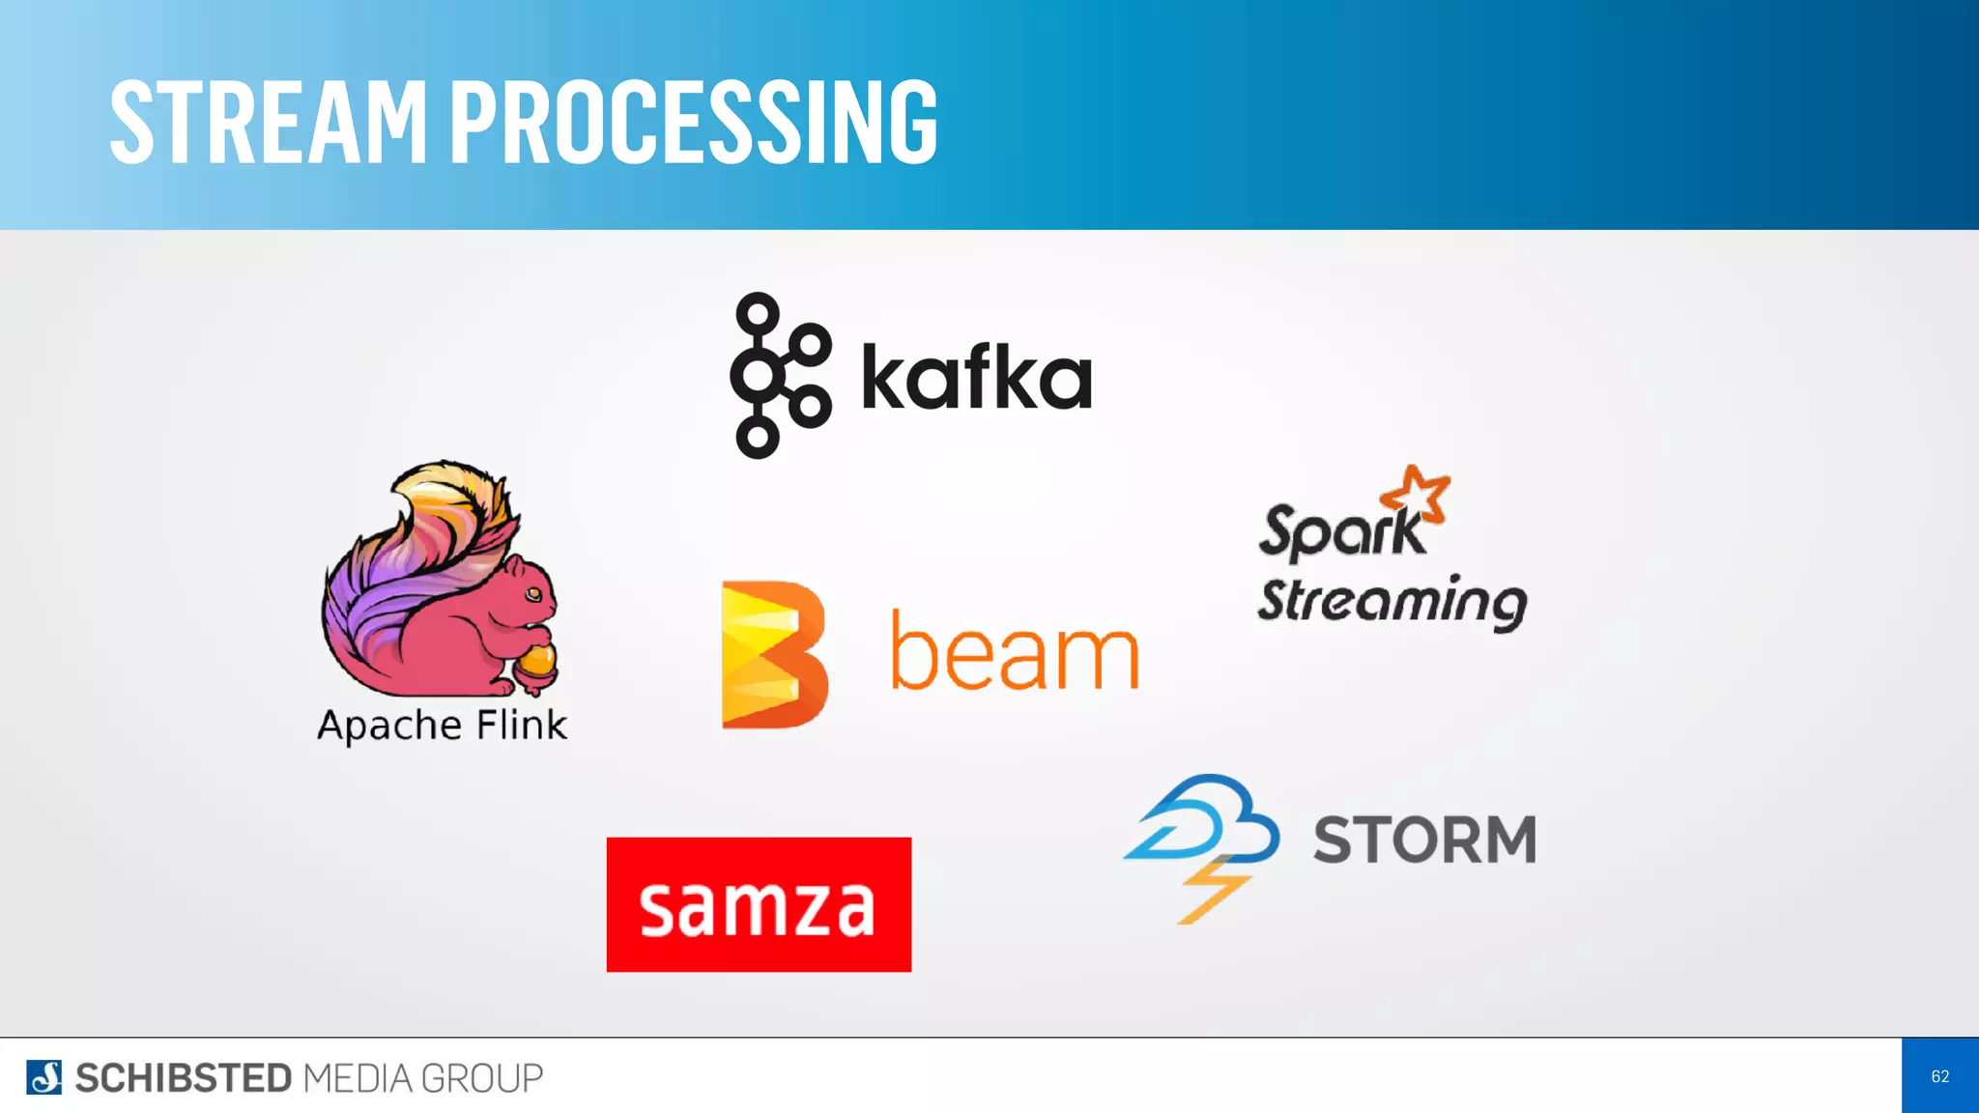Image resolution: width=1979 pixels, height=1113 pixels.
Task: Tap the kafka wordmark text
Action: [x=976, y=377]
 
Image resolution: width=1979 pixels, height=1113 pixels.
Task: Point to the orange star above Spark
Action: [x=1417, y=494]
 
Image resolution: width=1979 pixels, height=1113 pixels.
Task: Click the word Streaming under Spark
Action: [x=1391, y=601]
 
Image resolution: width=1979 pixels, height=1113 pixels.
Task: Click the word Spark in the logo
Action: [x=1341, y=531]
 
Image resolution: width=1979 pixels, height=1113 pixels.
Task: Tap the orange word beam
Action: [x=1014, y=654]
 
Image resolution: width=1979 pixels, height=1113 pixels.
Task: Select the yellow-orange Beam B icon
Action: [x=774, y=654]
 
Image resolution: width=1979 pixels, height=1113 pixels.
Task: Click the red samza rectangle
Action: [x=759, y=904]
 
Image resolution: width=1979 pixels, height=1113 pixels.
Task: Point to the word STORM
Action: [x=1424, y=840]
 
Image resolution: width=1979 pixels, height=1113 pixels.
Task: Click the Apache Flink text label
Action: [x=443, y=725]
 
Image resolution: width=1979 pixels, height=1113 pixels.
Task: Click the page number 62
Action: [x=1939, y=1076]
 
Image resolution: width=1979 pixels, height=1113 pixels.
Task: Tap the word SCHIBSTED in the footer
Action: [x=183, y=1078]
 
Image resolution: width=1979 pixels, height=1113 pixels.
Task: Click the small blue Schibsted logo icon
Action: [x=43, y=1077]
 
